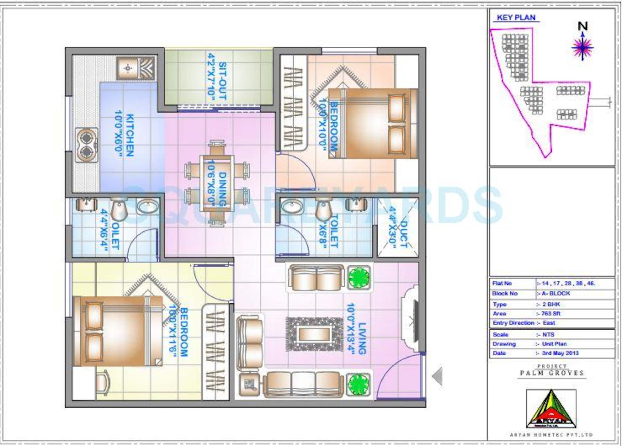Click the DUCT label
click(x=404, y=234)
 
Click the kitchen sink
click(x=136, y=68)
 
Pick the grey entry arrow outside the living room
click(x=437, y=376)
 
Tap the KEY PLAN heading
click(x=516, y=18)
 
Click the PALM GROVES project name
click(x=552, y=373)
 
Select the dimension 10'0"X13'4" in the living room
click(x=351, y=329)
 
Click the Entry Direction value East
click(x=549, y=323)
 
